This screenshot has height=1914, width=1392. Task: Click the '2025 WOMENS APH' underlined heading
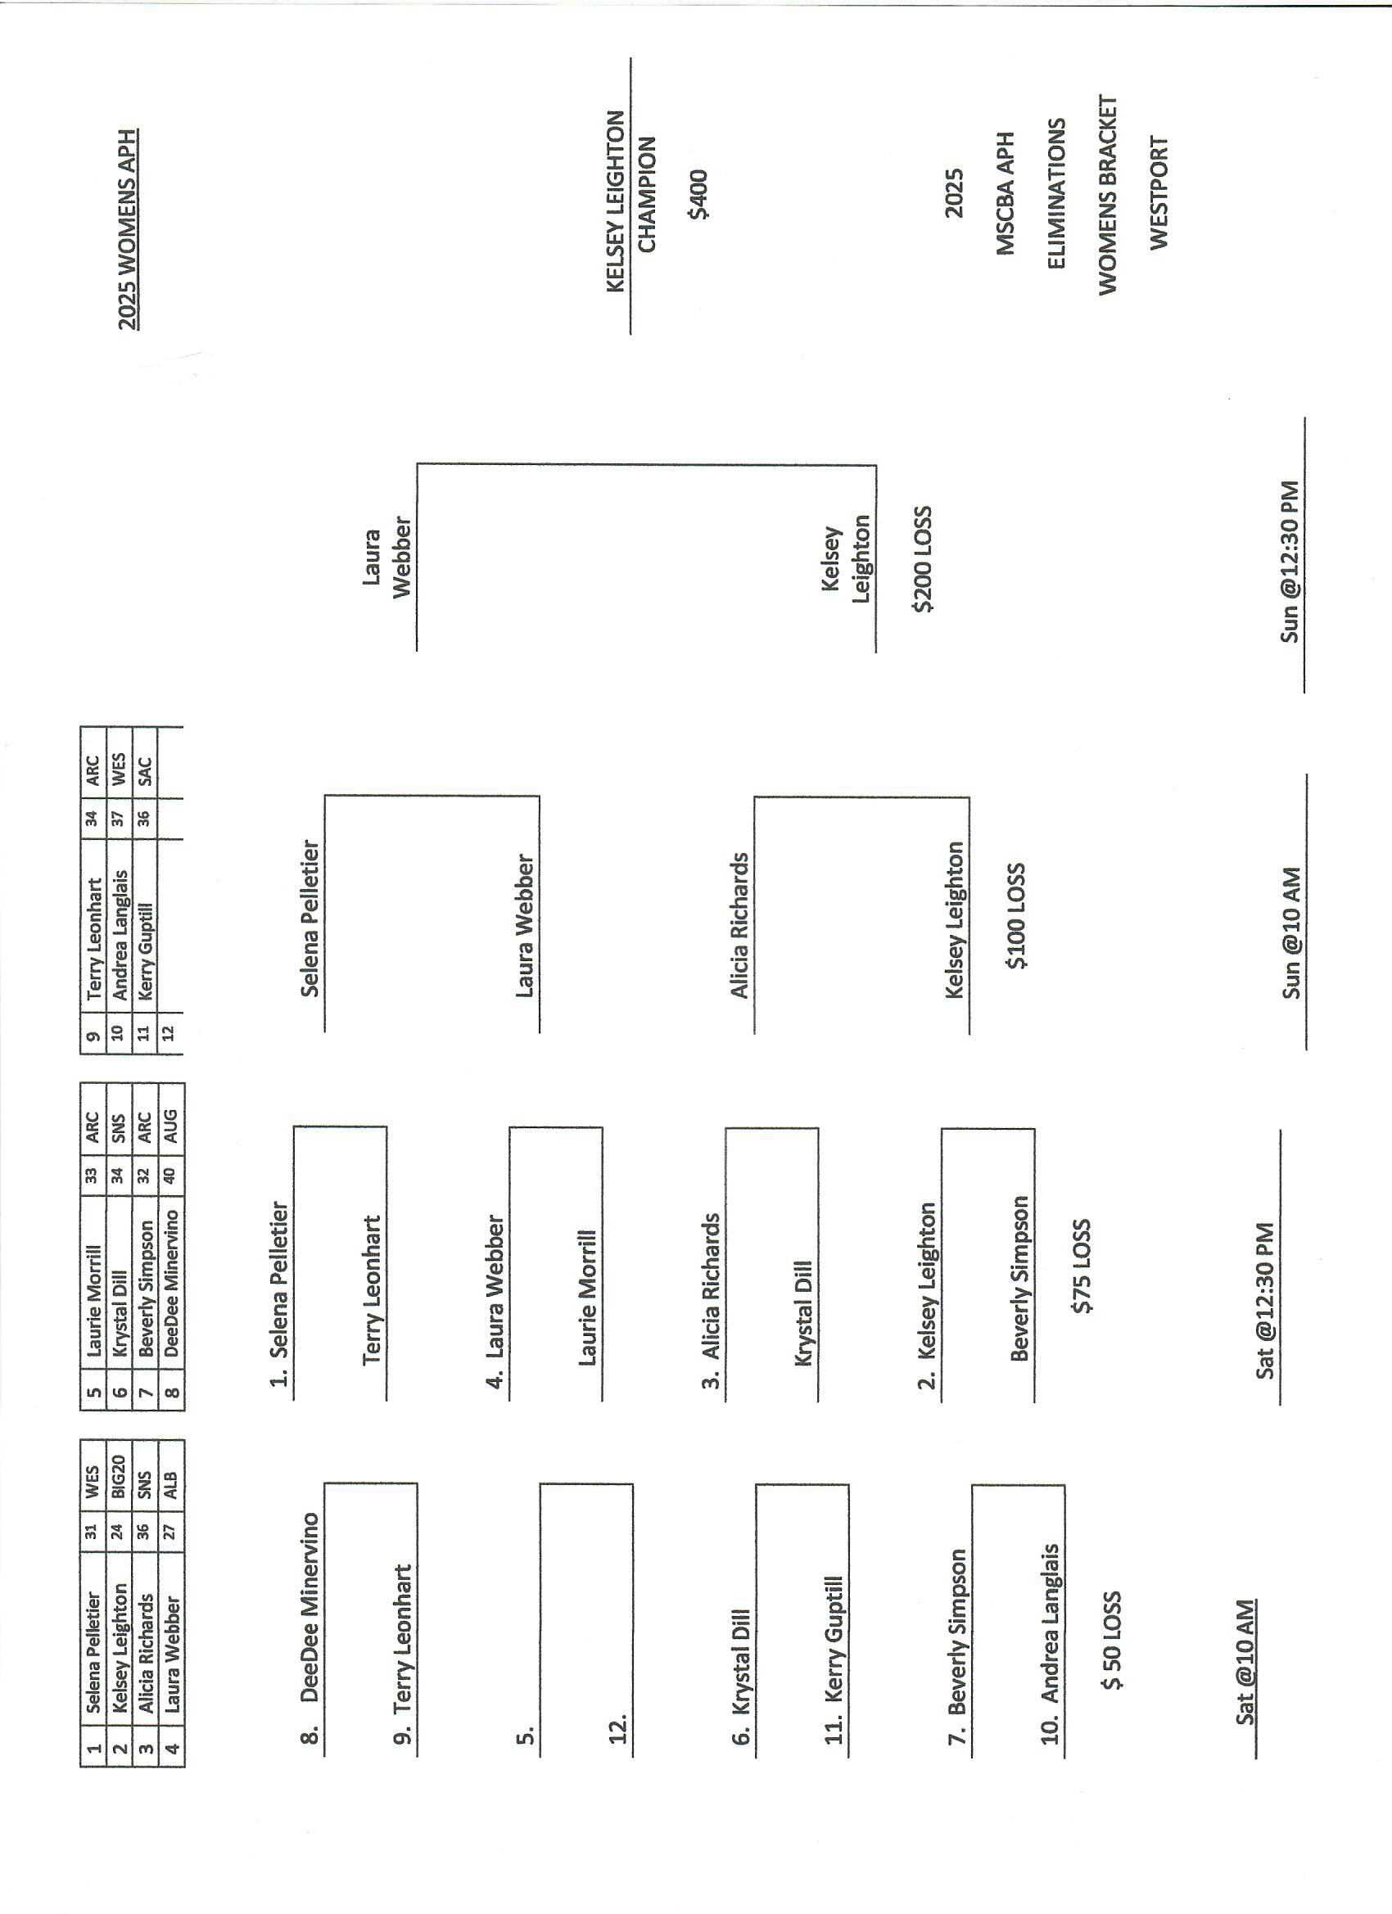[x=128, y=228]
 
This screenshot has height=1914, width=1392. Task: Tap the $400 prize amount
[x=699, y=195]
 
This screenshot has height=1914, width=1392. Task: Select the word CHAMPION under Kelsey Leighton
[x=647, y=193]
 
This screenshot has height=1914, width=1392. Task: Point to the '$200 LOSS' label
[x=923, y=558]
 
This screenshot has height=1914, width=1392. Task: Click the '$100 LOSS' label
[x=1017, y=915]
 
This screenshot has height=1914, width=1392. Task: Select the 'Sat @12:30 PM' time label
[x=1264, y=1301]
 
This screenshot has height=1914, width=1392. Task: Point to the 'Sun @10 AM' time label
[x=1291, y=932]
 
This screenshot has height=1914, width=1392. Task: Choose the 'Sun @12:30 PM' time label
[x=1290, y=562]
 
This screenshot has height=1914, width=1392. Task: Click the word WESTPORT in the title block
[x=1159, y=192]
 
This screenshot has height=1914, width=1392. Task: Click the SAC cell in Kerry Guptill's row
[x=145, y=770]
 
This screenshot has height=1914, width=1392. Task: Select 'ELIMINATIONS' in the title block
[x=1056, y=193]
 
